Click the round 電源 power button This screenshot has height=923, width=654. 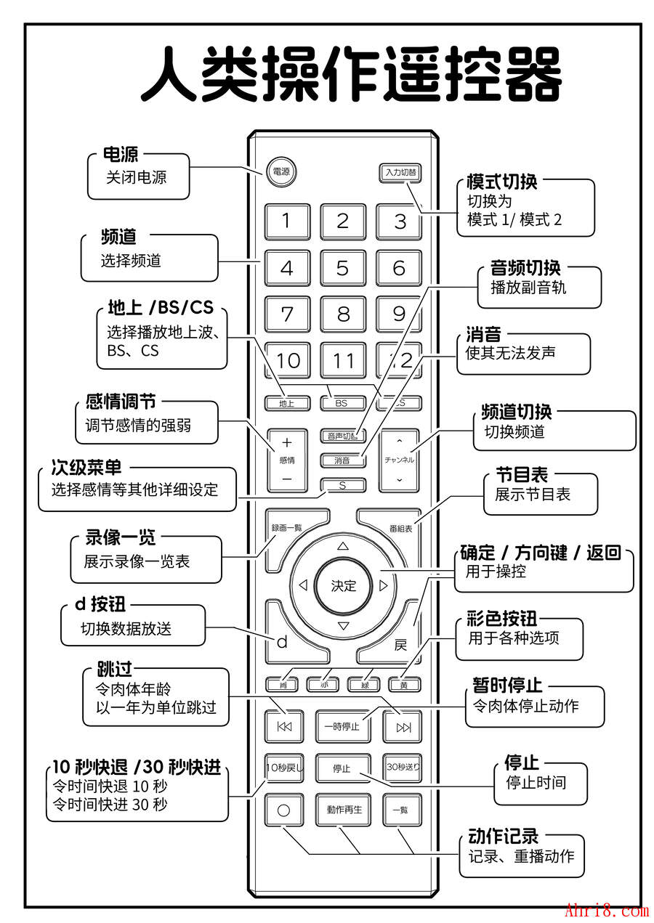click(280, 172)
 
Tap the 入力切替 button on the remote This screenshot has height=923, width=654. click(400, 172)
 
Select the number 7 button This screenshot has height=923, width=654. click(287, 314)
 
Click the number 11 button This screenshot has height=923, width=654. click(342, 360)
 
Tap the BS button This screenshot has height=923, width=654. click(341, 402)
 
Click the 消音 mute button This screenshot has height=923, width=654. click(342, 460)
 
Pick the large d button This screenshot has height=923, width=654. click(283, 641)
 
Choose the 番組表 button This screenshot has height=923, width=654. click(400, 528)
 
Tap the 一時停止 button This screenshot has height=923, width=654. click(342, 726)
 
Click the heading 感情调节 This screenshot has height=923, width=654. click(121, 402)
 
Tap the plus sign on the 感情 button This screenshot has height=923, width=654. click(286, 442)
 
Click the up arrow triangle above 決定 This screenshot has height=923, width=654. click(343, 545)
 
